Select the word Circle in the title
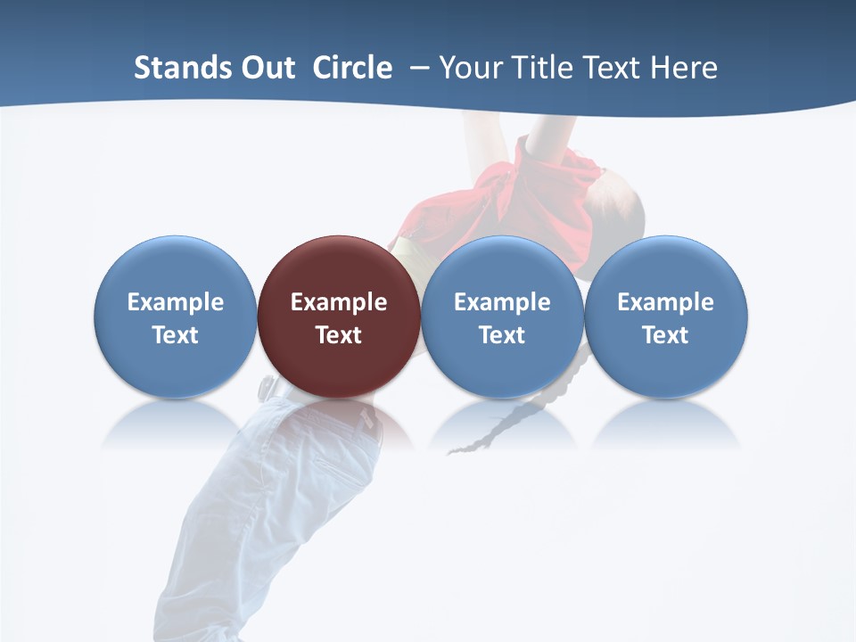pyautogui.click(x=352, y=68)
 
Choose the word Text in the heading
pyautogui.click(x=615, y=68)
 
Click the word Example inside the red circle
pyautogui.click(x=339, y=302)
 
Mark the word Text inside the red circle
pyautogui.click(x=339, y=335)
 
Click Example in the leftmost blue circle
pyautogui.click(x=175, y=302)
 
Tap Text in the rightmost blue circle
pyautogui.click(x=665, y=335)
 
